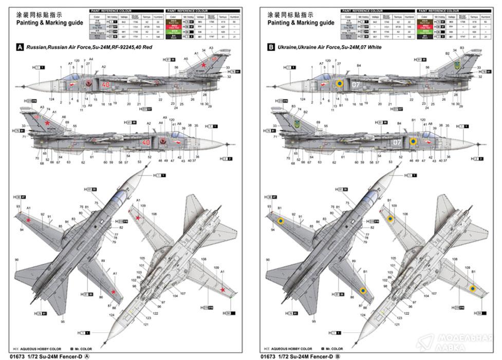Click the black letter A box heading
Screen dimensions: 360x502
pos(20,47)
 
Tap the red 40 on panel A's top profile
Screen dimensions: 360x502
pos(106,84)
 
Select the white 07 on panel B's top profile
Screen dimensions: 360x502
pos(357,84)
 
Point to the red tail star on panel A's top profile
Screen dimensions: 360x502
pos(203,65)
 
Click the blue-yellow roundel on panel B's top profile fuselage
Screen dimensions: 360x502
pos(340,83)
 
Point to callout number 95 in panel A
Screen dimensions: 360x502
pos(62,322)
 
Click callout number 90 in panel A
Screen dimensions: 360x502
pos(16,260)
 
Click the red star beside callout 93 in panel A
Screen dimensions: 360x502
pos(29,221)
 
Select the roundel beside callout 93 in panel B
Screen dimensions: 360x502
pos(281,221)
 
